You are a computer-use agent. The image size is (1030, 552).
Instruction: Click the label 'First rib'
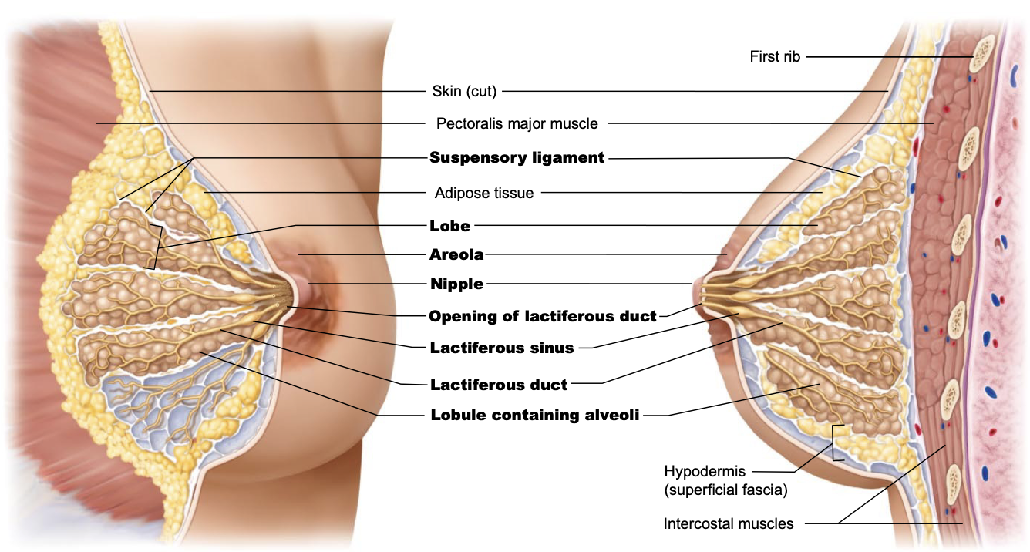pyautogui.click(x=776, y=56)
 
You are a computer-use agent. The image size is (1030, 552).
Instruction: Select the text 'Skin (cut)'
pyautogui.click(x=464, y=92)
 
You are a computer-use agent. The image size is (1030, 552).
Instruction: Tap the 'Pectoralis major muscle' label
pyautogui.click(x=517, y=123)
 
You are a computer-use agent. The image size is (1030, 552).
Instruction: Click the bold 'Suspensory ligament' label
pyautogui.click(x=517, y=158)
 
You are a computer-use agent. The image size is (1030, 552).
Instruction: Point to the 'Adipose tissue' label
pyautogui.click(x=483, y=193)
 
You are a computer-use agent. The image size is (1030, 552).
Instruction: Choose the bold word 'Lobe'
pyautogui.click(x=449, y=227)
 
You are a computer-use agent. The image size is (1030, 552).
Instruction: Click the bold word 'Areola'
pyautogui.click(x=456, y=254)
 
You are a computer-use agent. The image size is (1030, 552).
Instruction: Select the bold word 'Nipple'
pyautogui.click(x=456, y=284)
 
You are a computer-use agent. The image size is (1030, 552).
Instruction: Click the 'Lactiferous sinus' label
pyautogui.click(x=501, y=348)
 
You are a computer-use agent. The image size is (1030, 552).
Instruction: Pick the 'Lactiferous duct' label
pyautogui.click(x=499, y=384)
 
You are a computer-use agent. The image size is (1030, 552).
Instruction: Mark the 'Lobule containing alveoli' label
pyautogui.click(x=534, y=416)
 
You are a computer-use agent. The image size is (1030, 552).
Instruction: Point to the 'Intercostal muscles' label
pyautogui.click(x=728, y=524)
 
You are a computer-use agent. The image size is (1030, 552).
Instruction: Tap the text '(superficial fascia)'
pyautogui.click(x=725, y=490)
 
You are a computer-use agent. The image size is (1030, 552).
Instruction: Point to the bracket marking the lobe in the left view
pyautogui.click(x=157, y=247)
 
